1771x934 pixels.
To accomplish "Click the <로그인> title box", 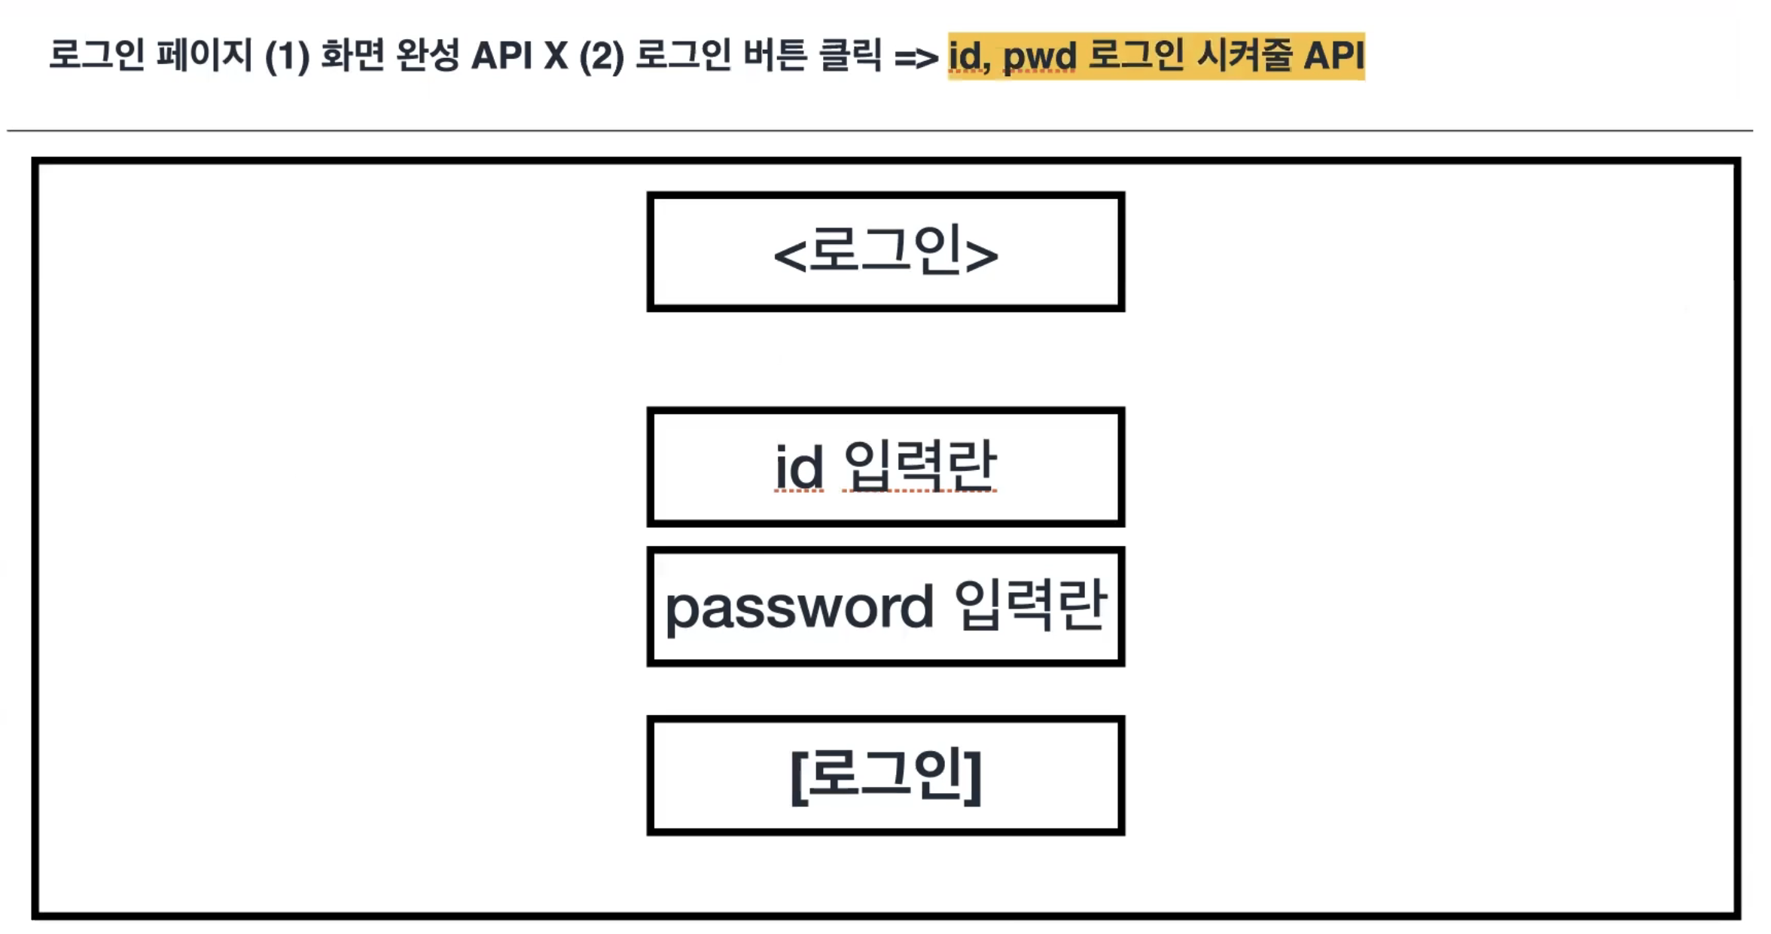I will (x=885, y=252).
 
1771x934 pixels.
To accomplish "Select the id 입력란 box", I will (x=885, y=467).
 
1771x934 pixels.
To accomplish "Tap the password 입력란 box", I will (x=885, y=606).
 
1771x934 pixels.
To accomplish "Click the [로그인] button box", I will (x=885, y=776).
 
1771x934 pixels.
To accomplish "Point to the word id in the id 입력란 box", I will (x=798, y=468).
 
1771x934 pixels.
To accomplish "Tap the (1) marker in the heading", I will (x=287, y=56).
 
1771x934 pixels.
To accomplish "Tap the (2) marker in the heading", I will (x=602, y=56).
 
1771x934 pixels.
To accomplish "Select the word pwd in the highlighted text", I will (x=1039, y=57).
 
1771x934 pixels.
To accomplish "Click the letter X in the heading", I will (x=556, y=56).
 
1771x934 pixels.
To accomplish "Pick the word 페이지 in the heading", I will (x=204, y=56).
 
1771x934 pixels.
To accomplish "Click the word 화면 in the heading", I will (x=352, y=56).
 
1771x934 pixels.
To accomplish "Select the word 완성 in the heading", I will (x=427, y=56).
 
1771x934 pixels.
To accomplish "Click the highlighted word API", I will (x=1334, y=56).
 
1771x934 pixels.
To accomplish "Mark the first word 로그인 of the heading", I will (x=96, y=56).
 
